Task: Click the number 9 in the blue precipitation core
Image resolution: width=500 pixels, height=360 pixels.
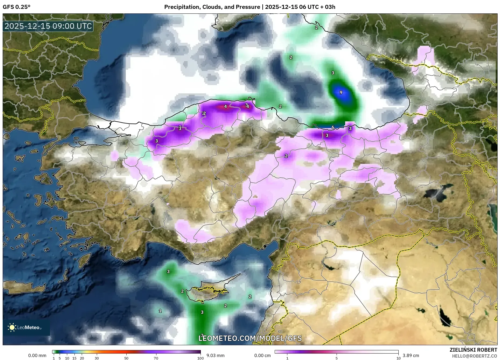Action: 341,92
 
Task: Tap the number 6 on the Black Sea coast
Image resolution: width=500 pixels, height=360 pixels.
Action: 333,127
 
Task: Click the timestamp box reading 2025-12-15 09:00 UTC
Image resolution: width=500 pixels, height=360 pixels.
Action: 48,26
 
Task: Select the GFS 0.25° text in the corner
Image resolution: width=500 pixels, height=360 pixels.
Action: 16,7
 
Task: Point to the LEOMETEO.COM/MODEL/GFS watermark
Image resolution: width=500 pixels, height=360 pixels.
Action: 250,338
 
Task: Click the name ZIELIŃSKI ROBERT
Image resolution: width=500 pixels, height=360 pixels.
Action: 473,350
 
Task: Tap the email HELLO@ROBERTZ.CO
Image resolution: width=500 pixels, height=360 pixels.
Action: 474,356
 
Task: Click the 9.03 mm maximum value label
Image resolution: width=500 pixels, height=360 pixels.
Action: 215,355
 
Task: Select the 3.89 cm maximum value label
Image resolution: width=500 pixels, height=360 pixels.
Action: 411,355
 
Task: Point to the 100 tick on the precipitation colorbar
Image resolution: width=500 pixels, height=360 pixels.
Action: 200,358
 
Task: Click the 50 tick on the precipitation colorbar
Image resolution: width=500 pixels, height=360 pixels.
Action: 126,358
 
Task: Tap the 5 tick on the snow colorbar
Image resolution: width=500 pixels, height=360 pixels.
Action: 337,358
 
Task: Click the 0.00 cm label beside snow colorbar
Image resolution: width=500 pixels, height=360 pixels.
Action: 262,355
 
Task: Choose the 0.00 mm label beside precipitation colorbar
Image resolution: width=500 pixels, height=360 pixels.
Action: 37,355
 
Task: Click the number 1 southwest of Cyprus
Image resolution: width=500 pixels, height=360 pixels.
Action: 160,311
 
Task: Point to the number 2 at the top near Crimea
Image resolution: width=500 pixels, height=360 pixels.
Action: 316,27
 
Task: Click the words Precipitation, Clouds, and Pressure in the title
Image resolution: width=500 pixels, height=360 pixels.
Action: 212,7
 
